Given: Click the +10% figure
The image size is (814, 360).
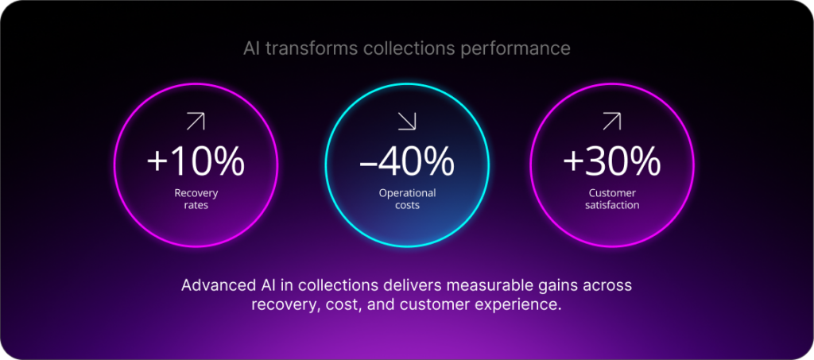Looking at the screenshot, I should coord(196,162).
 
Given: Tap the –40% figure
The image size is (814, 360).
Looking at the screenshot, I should coord(406,162).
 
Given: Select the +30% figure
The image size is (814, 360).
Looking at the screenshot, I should coord(611,162).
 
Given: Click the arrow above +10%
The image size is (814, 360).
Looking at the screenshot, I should coord(196,122).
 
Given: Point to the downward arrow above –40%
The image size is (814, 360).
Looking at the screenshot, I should coord(407,122).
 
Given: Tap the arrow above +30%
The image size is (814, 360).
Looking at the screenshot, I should coord(611,122).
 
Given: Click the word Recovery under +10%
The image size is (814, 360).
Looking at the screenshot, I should coord(196,193).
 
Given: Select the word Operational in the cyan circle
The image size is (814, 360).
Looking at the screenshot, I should coord(407,193).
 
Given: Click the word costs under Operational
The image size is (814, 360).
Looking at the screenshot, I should coord(407,205).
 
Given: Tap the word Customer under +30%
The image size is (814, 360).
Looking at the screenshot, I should coord(611,193).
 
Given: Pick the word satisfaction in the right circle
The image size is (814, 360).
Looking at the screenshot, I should coord(611,205).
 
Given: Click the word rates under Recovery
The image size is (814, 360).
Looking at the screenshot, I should coord(196,205).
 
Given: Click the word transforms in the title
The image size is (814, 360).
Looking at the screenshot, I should coord(312,48).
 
